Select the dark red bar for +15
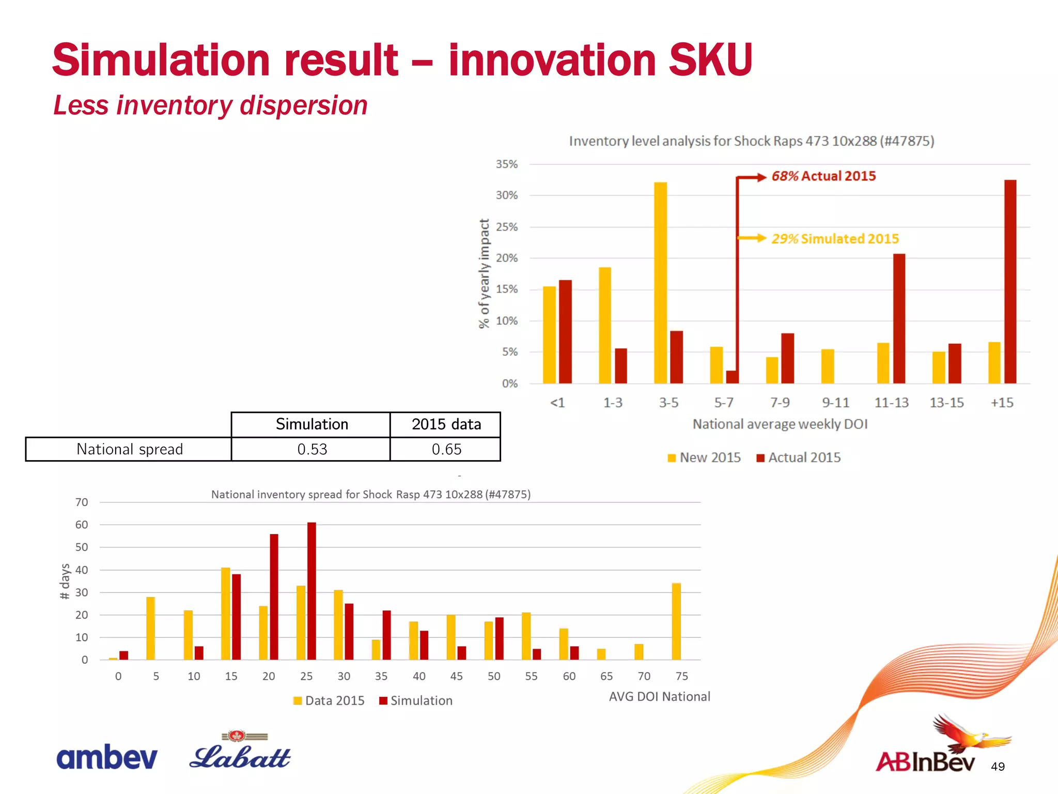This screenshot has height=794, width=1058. (x=1010, y=281)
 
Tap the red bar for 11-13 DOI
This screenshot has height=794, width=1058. (x=899, y=318)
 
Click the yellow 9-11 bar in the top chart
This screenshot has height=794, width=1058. (x=828, y=366)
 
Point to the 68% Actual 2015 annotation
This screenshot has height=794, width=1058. (x=823, y=176)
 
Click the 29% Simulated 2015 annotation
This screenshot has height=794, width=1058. (x=835, y=239)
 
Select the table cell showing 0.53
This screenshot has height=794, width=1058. (x=312, y=449)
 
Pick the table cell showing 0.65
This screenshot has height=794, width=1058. (x=446, y=449)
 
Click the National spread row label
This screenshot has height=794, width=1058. (x=129, y=449)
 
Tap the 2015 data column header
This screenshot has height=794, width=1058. (x=446, y=424)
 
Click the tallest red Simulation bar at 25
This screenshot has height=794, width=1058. (x=312, y=591)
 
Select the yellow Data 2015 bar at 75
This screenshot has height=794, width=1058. (x=676, y=621)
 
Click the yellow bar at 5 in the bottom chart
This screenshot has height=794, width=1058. (x=150, y=628)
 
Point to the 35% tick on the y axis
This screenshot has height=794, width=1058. (x=506, y=164)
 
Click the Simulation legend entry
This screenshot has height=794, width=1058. (x=416, y=700)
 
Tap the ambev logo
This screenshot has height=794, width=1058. (x=106, y=757)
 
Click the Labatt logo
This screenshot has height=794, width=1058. (x=240, y=753)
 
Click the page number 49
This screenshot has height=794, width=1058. (x=998, y=767)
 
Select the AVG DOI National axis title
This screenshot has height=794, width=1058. (x=659, y=696)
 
